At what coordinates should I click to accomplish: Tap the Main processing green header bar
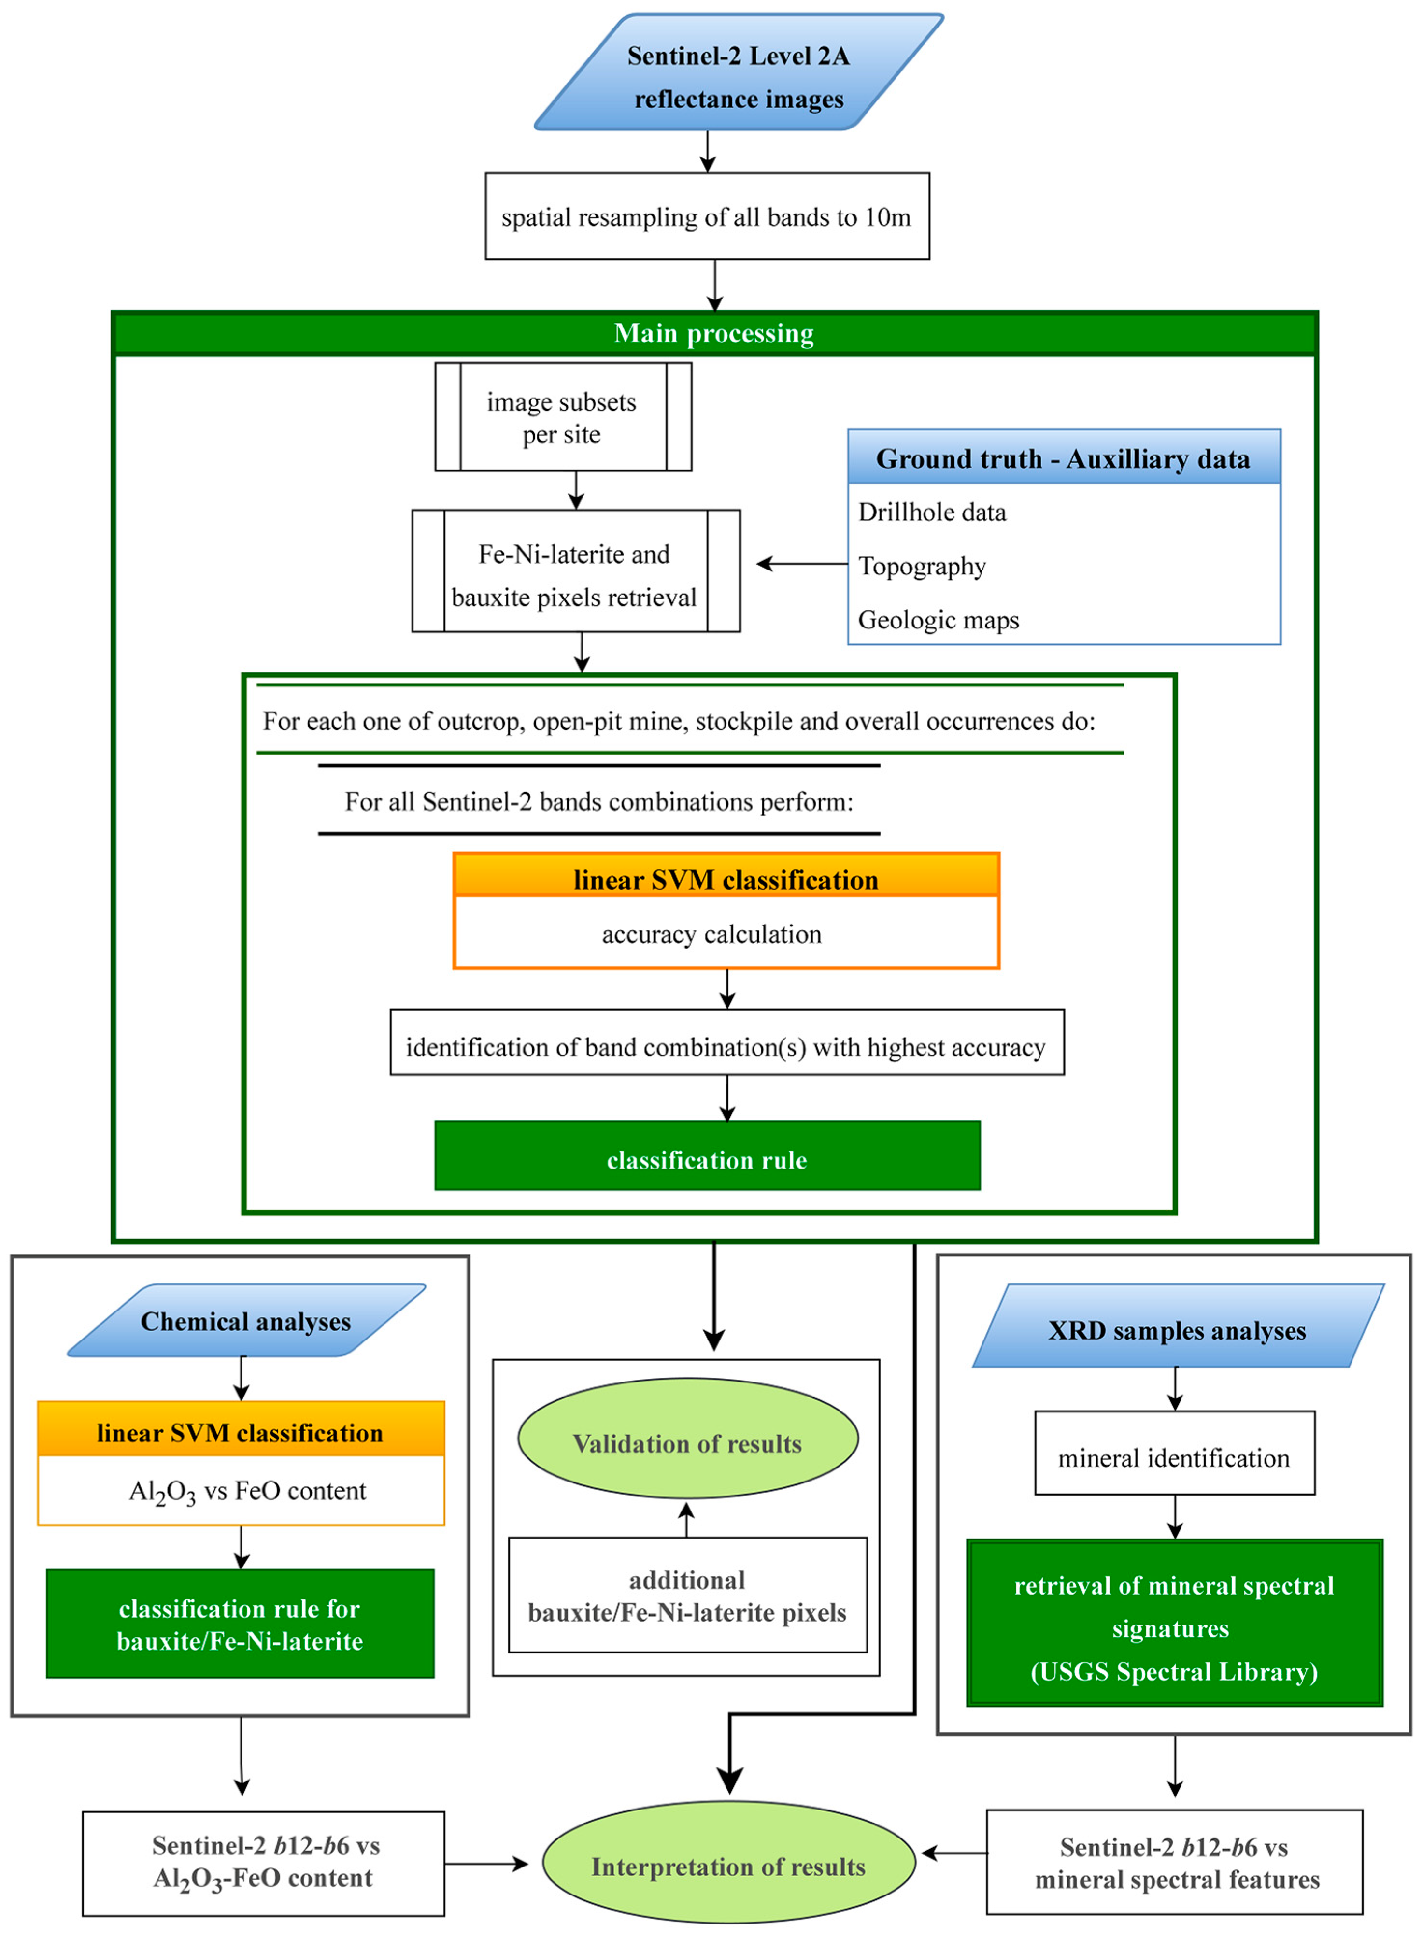click(x=713, y=333)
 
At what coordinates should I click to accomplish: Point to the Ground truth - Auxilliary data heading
click(x=1063, y=458)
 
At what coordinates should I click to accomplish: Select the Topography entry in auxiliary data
click(x=922, y=566)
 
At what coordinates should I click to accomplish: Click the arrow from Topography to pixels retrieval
click(x=801, y=564)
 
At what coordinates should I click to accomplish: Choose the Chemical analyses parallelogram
click(x=245, y=1321)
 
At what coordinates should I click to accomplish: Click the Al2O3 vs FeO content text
click(x=247, y=1491)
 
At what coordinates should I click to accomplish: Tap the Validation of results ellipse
click(x=687, y=1443)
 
